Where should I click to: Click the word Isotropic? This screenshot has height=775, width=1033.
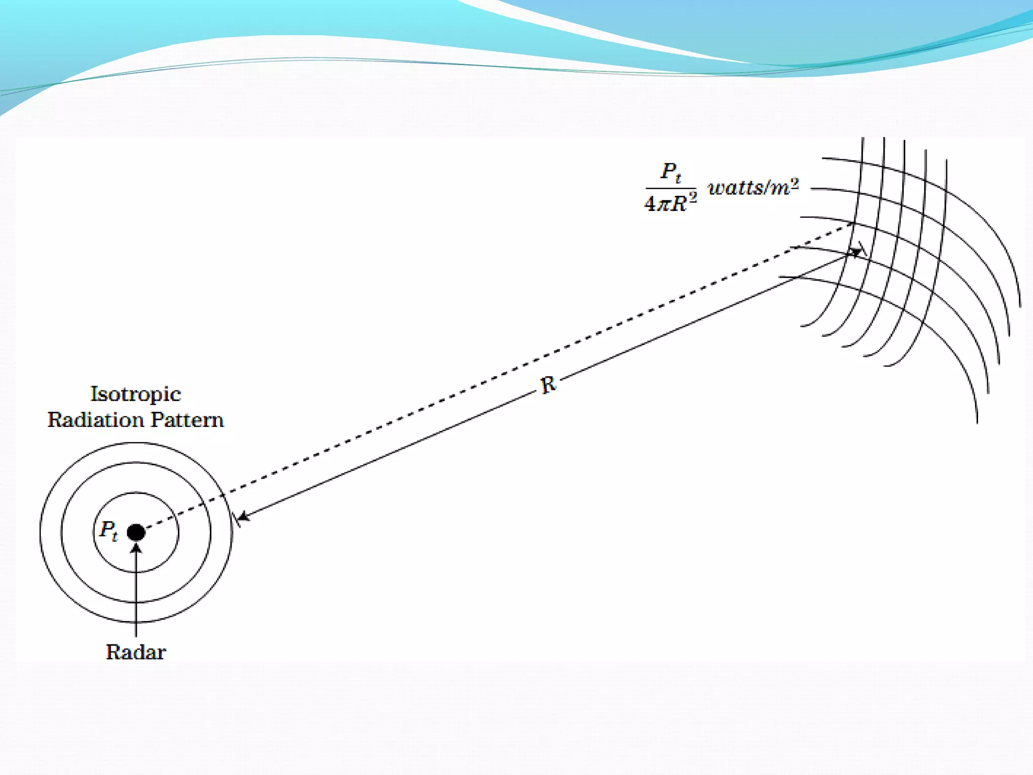(135, 394)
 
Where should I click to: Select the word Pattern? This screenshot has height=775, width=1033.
(187, 420)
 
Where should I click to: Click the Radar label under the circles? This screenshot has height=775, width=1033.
(136, 652)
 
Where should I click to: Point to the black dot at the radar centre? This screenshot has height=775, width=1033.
(136, 532)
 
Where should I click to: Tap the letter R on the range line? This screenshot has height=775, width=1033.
(548, 385)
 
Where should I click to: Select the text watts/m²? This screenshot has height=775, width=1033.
(753, 188)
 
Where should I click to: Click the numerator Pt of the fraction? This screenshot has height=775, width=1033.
(671, 173)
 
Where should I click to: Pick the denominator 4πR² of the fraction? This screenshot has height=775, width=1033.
(670, 203)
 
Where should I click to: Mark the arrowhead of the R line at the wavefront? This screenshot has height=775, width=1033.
(856, 252)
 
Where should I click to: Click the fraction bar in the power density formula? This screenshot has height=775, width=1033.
(671, 188)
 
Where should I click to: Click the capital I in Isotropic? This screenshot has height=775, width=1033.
(94, 394)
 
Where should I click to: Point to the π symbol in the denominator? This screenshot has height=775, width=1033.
(664, 204)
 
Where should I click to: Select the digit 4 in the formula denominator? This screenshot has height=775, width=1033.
(650, 204)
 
